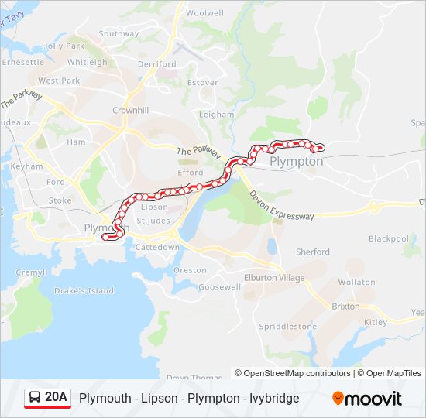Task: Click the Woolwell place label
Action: pos(204,13)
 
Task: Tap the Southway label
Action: pos(119,33)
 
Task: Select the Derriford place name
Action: pos(156,64)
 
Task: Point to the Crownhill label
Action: pos(130,111)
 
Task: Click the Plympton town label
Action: pos(297,162)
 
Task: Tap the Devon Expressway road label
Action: pos(282,207)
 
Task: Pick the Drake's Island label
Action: pos(84,291)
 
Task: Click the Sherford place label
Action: pos(312,252)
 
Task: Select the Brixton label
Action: pos(345,307)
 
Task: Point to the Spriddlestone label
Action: pos(287,327)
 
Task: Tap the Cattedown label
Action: pos(157,247)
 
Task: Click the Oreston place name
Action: pos(190,270)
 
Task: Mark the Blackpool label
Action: pos(388,238)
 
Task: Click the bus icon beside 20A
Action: pos(35,398)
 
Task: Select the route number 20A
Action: pos(57,397)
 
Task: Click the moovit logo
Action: pos(367,399)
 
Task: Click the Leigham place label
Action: pos(216,115)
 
